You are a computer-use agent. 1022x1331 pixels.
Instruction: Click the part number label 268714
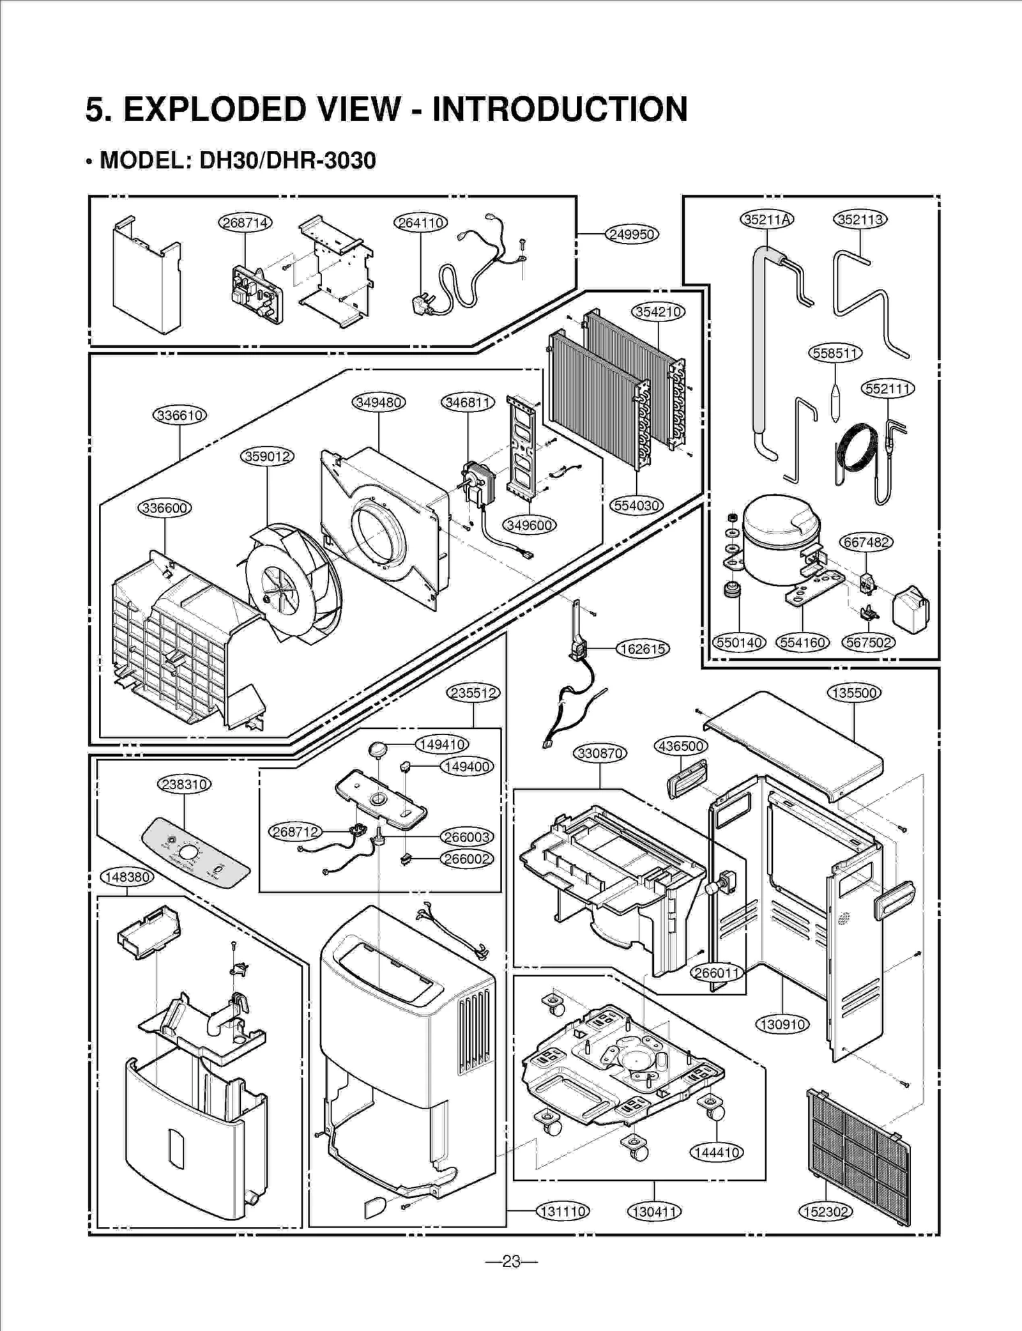tap(245, 222)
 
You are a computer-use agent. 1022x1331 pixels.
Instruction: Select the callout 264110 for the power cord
tap(420, 222)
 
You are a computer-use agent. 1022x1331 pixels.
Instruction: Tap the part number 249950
tap(632, 235)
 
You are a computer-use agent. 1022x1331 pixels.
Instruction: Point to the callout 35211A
tap(766, 220)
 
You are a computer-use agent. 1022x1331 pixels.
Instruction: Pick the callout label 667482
tap(866, 542)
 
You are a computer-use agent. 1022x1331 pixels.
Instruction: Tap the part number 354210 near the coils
tap(658, 312)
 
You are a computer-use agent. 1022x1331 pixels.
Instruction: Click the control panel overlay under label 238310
tap(195, 859)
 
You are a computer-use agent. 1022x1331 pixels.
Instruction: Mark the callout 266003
tap(467, 837)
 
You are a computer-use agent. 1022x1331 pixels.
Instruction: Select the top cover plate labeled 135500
tap(792, 741)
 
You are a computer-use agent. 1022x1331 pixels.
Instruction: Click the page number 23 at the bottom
tap(511, 1261)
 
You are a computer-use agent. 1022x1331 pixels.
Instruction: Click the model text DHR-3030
tap(321, 160)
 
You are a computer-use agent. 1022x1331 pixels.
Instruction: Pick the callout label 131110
tap(562, 1211)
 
